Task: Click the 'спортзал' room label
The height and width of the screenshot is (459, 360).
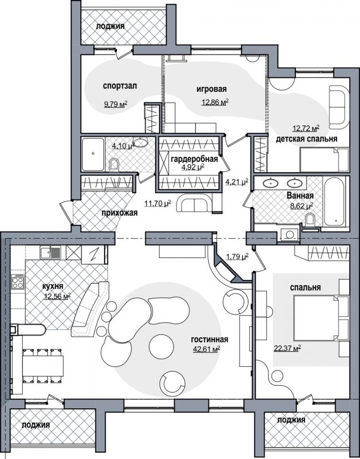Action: pyautogui.click(x=120, y=86)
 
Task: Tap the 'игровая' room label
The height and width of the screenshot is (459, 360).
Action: pyautogui.click(x=211, y=89)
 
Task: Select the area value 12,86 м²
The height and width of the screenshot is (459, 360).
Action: pyautogui.click(x=215, y=102)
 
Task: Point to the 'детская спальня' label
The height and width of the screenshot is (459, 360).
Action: pyautogui.click(x=306, y=139)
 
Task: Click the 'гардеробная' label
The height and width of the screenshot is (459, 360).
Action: pyautogui.click(x=194, y=159)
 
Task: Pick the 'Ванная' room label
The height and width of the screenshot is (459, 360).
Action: pyautogui.click(x=300, y=196)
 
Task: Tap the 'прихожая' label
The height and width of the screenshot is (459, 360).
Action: pyautogui.click(x=120, y=213)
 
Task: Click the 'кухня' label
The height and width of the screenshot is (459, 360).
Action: pyautogui.click(x=53, y=286)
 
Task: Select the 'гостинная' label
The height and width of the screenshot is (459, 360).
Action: pyautogui.click(x=209, y=339)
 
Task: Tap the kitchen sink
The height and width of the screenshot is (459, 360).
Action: pyautogui.click(x=51, y=252)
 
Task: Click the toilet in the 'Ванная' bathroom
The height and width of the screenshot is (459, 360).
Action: pyautogui.click(x=310, y=219)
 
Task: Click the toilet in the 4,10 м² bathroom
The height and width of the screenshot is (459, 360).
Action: pyautogui.click(x=114, y=165)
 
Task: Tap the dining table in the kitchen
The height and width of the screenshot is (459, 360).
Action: pyautogui.click(x=43, y=366)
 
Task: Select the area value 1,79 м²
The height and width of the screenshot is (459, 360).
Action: pyautogui.click(x=237, y=257)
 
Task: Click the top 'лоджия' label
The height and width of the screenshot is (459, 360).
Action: pyautogui.click(x=110, y=26)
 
